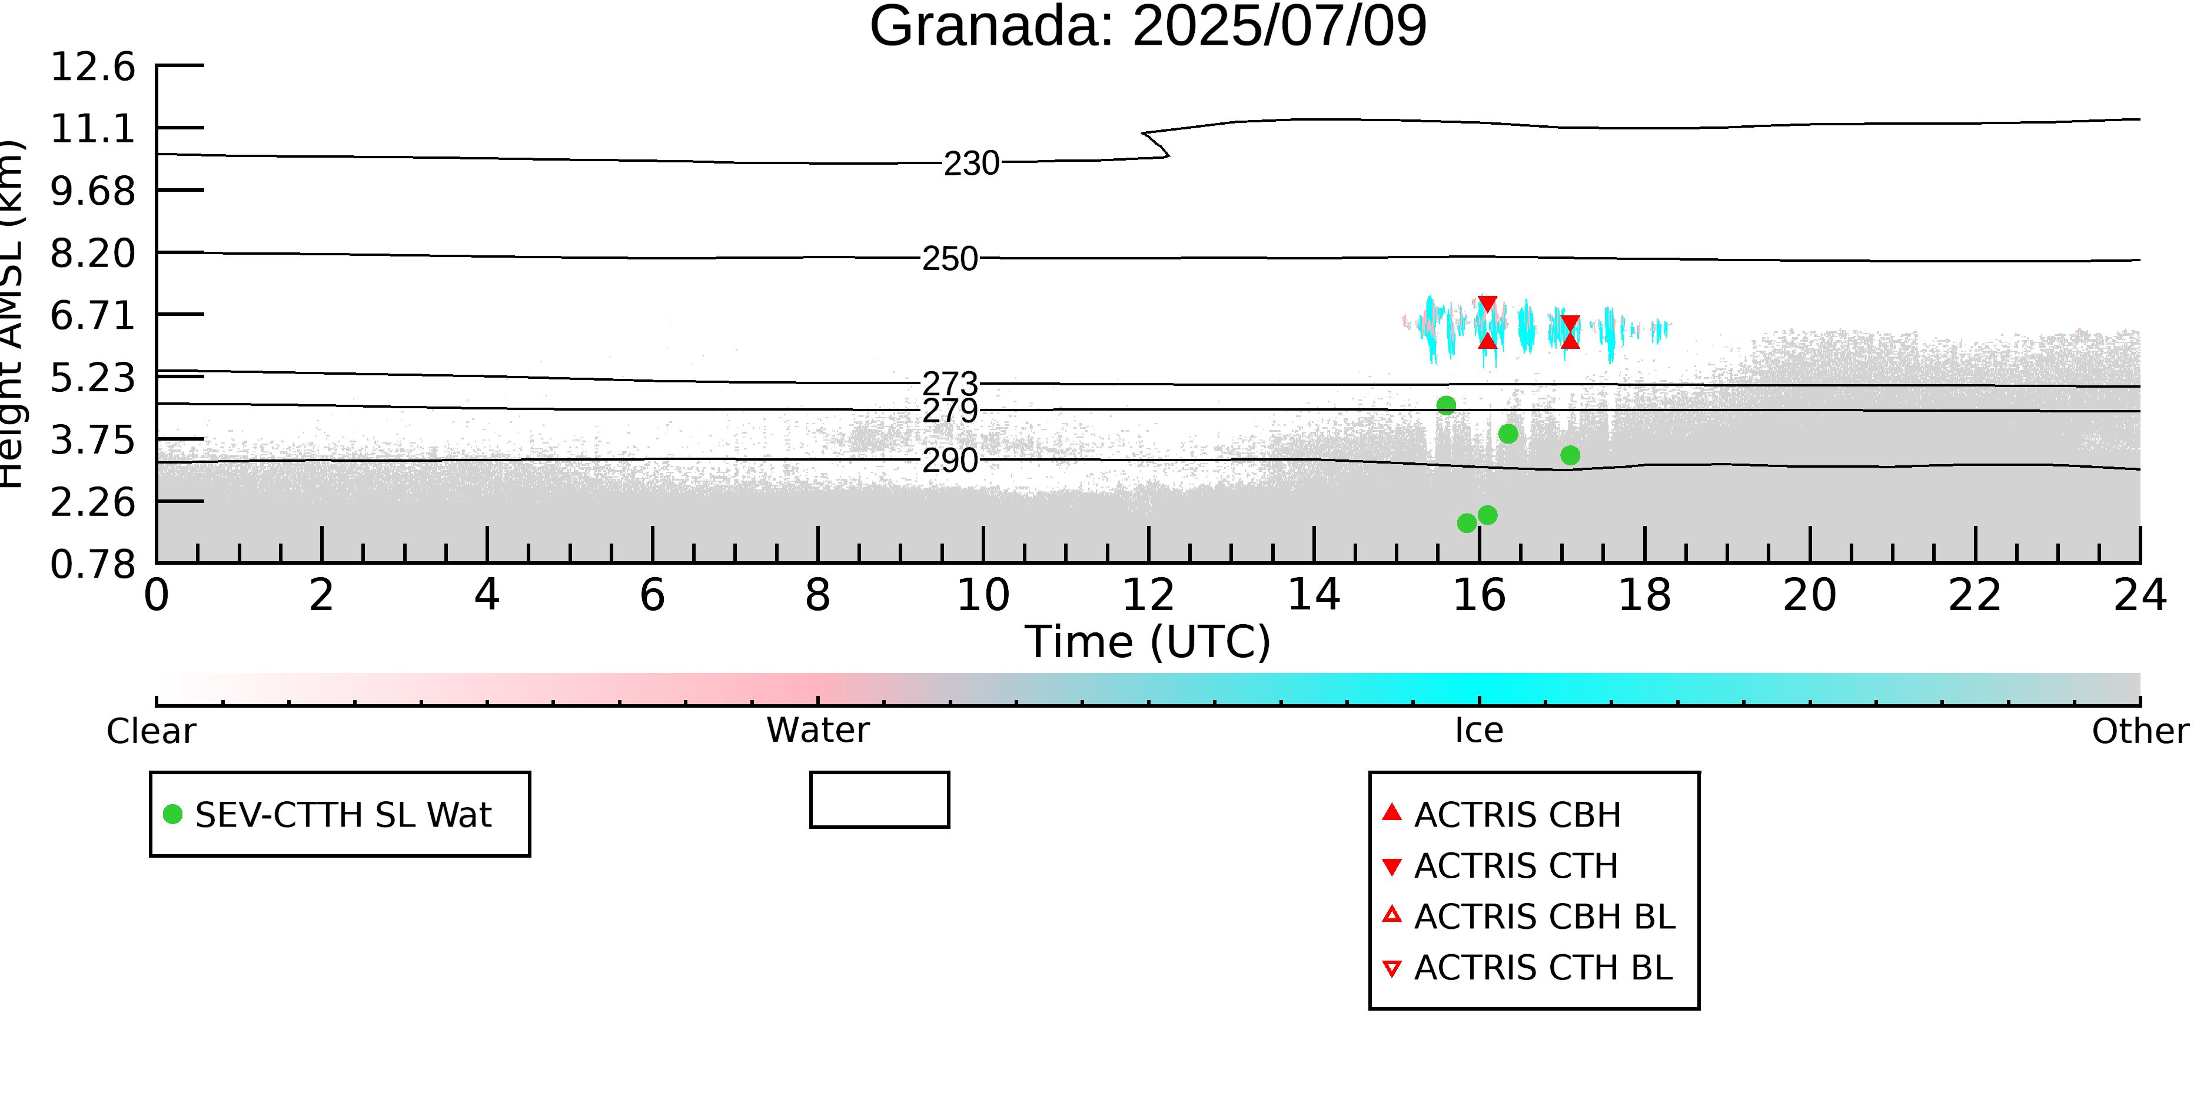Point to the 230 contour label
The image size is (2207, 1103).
(x=972, y=163)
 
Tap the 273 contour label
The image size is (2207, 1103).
(x=949, y=384)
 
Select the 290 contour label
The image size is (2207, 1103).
(x=949, y=461)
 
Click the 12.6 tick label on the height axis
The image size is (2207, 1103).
(x=92, y=67)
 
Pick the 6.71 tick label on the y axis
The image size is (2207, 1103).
(x=92, y=315)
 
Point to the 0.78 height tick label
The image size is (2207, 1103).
(x=92, y=564)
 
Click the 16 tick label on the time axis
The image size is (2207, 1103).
(x=1479, y=595)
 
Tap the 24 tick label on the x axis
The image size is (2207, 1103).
(x=2140, y=595)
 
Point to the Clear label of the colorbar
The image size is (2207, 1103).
(x=151, y=731)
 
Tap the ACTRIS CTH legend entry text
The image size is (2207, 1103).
(x=1515, y=867)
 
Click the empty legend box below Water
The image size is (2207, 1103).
(x=879, y=800)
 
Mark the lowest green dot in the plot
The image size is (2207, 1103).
(x=1467, y=522)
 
